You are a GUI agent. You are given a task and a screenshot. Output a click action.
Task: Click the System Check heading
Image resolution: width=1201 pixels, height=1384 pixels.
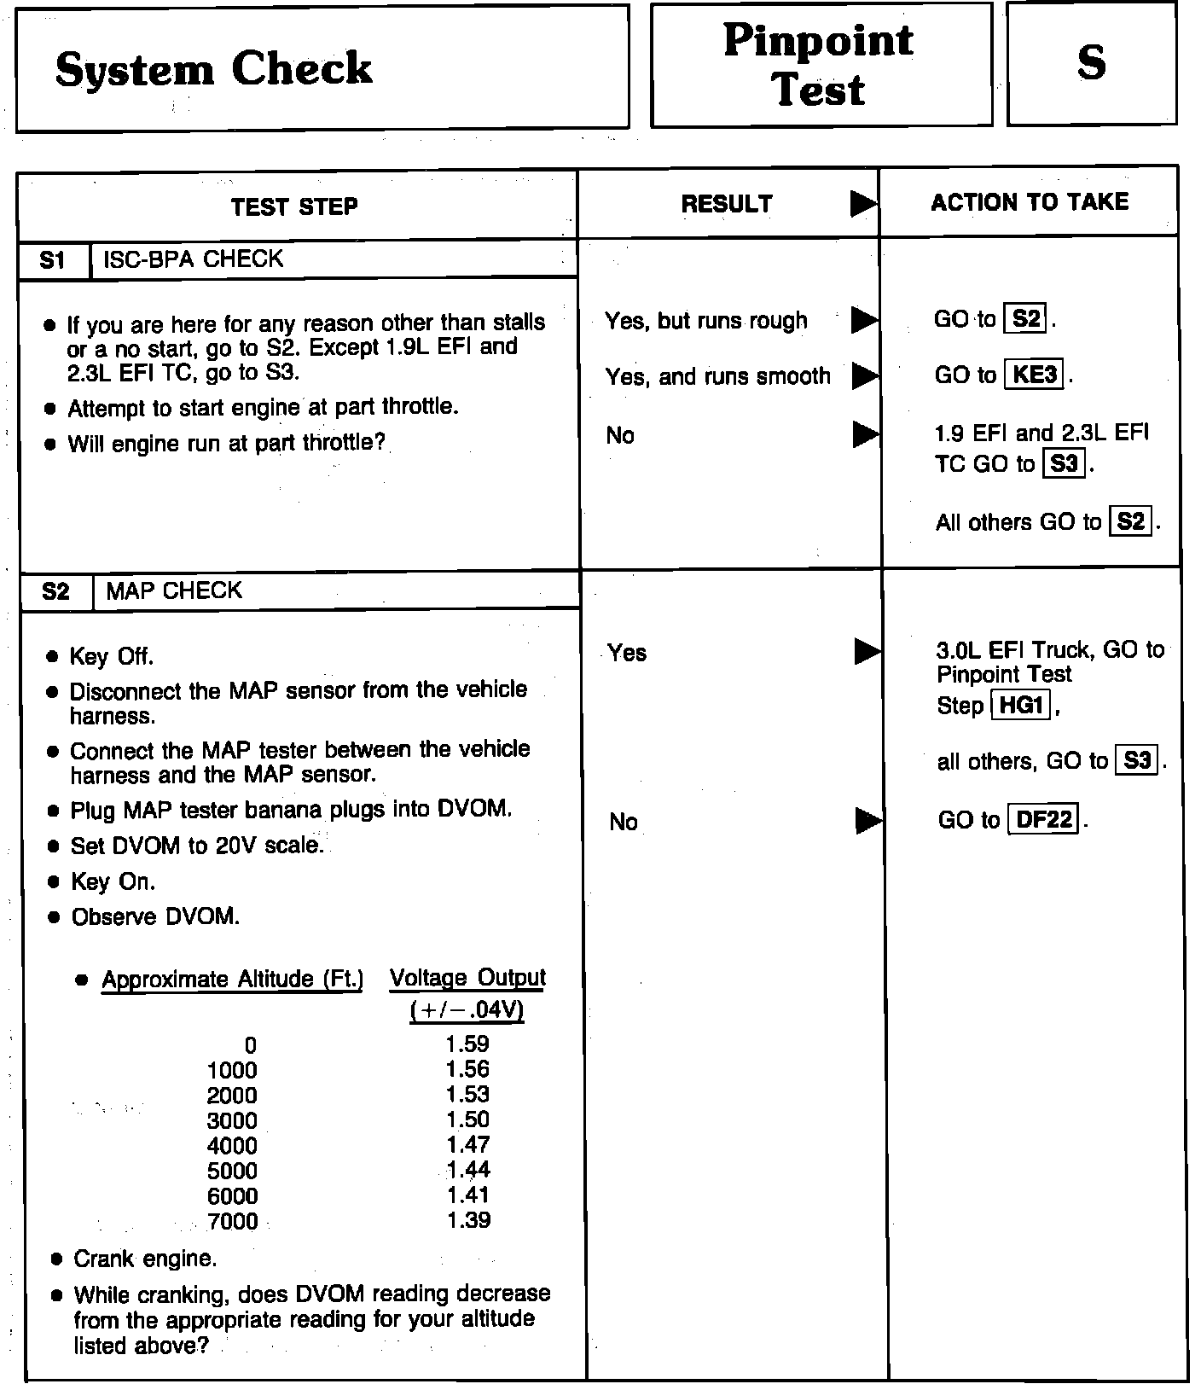[x=213, y=68]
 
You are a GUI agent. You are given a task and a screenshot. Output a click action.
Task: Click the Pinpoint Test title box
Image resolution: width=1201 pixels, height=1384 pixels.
[x=819, y=65]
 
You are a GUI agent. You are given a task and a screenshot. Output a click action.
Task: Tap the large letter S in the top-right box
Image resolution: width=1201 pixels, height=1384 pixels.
[x=1091, y=62]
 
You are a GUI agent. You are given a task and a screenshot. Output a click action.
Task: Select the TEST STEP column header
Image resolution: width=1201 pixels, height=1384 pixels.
[x=294, y=206]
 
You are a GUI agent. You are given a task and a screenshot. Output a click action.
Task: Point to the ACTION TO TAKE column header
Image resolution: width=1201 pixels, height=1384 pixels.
[x=1030, y=202]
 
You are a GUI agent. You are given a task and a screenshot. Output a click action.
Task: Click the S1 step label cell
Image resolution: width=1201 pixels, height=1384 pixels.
[x=53, y=260]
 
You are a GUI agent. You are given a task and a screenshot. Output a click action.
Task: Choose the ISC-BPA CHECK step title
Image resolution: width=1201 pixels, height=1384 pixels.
[x=194, y=259]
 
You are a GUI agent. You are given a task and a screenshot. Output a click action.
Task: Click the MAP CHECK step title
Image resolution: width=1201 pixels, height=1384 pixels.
[x=174, y=590]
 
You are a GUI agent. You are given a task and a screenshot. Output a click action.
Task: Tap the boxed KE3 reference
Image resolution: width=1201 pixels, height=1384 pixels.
[x=1036, y=375]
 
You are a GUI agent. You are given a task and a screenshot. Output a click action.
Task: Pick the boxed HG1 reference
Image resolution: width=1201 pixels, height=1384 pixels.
[x=1020, y=706]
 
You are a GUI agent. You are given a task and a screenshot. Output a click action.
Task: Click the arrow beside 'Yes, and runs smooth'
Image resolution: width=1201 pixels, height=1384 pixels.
[x=865, y=375]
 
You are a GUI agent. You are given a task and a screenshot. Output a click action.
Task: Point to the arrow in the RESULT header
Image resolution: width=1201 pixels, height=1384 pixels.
[x=863, y=204]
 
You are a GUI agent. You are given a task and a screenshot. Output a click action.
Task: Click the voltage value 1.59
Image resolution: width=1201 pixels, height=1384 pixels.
[x=467, y=1044]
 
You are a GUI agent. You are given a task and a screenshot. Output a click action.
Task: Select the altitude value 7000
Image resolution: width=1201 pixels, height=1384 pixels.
[x=232, y=1222]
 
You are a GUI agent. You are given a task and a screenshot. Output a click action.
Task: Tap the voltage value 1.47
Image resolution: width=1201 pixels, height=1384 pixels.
[x=467, y=1145]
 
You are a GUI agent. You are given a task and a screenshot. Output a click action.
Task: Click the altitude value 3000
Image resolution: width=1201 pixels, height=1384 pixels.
[x=232, y=1121]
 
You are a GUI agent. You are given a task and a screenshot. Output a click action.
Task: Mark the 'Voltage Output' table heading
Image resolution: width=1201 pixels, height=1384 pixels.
[x=467, y=978]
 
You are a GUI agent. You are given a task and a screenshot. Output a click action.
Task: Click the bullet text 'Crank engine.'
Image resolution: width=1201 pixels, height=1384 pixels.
[x=145, y=1259]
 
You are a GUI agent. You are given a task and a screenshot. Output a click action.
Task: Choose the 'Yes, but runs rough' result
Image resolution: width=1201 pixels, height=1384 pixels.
[x=705, y=321]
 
